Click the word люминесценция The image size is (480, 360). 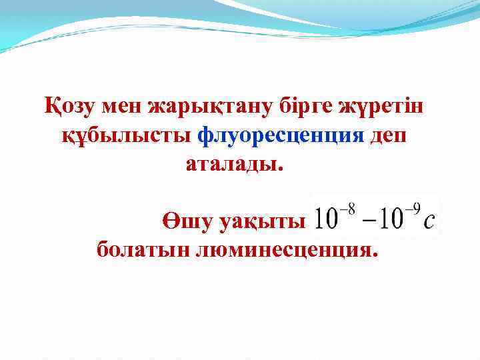click(x=286, y=251)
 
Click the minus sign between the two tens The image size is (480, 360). click(x=370, y=221)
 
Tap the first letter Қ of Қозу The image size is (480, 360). click(x=52, y=107)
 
